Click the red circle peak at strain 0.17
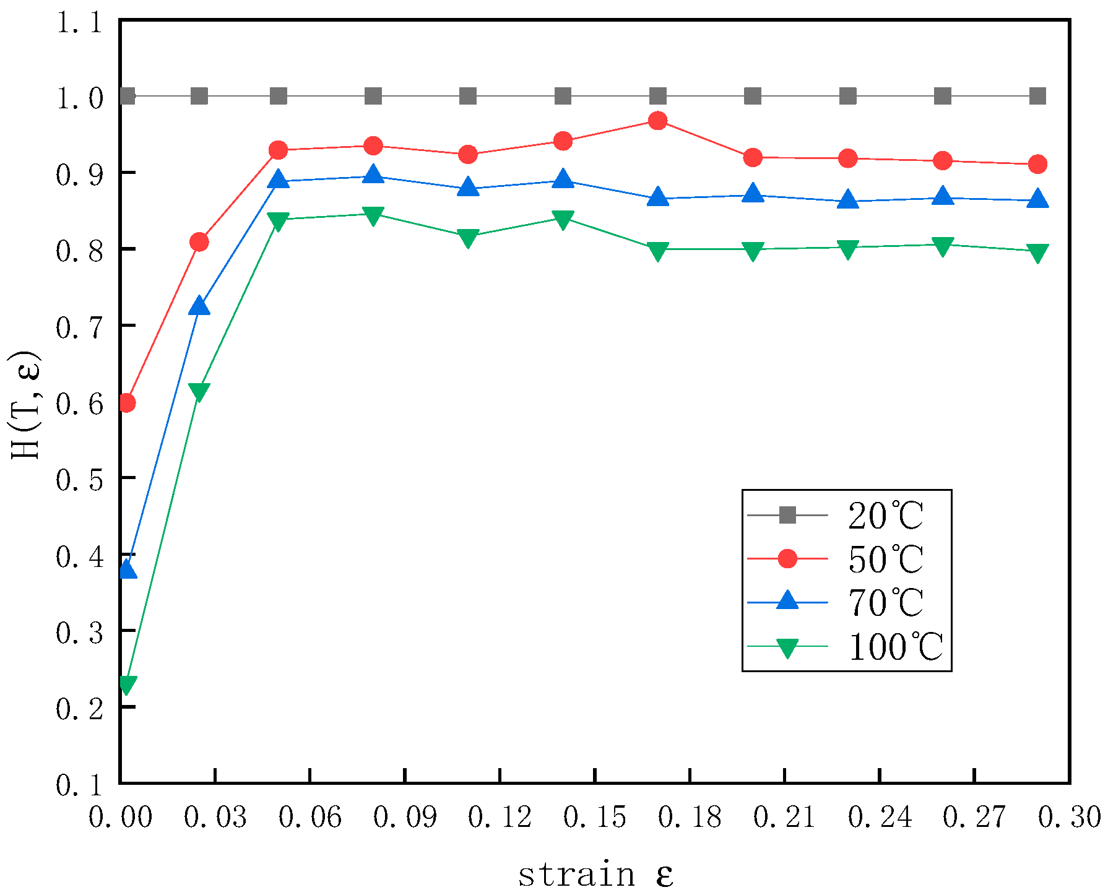657,121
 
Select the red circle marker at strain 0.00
127,403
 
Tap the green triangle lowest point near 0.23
127,685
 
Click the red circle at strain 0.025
199,241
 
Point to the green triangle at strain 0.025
199,391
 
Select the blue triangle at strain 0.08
373,175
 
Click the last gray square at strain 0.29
1037,96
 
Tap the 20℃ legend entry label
885,516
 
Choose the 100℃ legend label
894,647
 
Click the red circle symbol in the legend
787,558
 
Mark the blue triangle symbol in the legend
787,600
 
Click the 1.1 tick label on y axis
79,23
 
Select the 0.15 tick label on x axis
594,818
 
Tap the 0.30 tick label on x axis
1069,818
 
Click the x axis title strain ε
595,875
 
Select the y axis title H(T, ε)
25,405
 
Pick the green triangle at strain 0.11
468,238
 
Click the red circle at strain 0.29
1037,164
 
